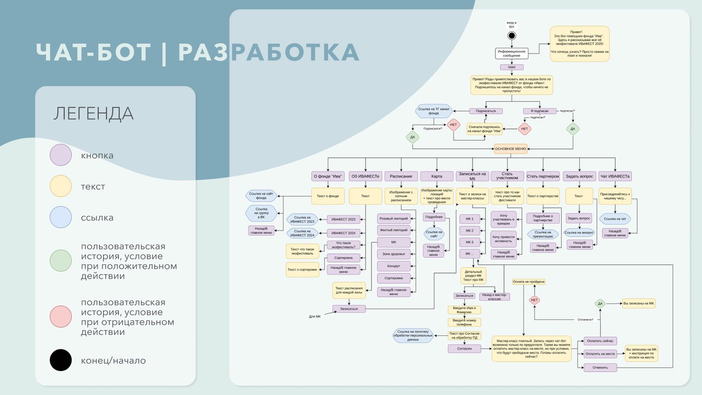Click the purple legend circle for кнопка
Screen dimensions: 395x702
(x=61, y=155)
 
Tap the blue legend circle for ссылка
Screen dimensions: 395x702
(x=61, y=217)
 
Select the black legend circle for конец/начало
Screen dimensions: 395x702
(x=61, y=360)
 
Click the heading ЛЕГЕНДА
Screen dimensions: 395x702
(x=93, y=114)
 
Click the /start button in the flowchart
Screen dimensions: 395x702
(x=511, y=67)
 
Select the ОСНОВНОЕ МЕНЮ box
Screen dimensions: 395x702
(x=511, y=149)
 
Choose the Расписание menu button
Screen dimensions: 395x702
(x=401, y=176)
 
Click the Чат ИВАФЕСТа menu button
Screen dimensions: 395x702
(x=615, y=176)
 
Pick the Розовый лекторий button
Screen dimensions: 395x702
(x=393, y=218)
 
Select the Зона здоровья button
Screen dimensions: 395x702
(x=393, y=254)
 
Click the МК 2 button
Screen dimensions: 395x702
(x=469, y=231)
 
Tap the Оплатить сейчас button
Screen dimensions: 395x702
(x=600, y=341)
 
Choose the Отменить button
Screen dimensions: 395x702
(x=600, y=367)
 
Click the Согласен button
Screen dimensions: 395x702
(x=464, y=348)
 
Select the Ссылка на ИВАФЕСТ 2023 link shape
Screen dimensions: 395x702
(x=304, y=220)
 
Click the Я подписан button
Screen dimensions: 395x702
(x=540, y=111)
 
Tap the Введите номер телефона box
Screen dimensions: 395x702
(x=464, y=322)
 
